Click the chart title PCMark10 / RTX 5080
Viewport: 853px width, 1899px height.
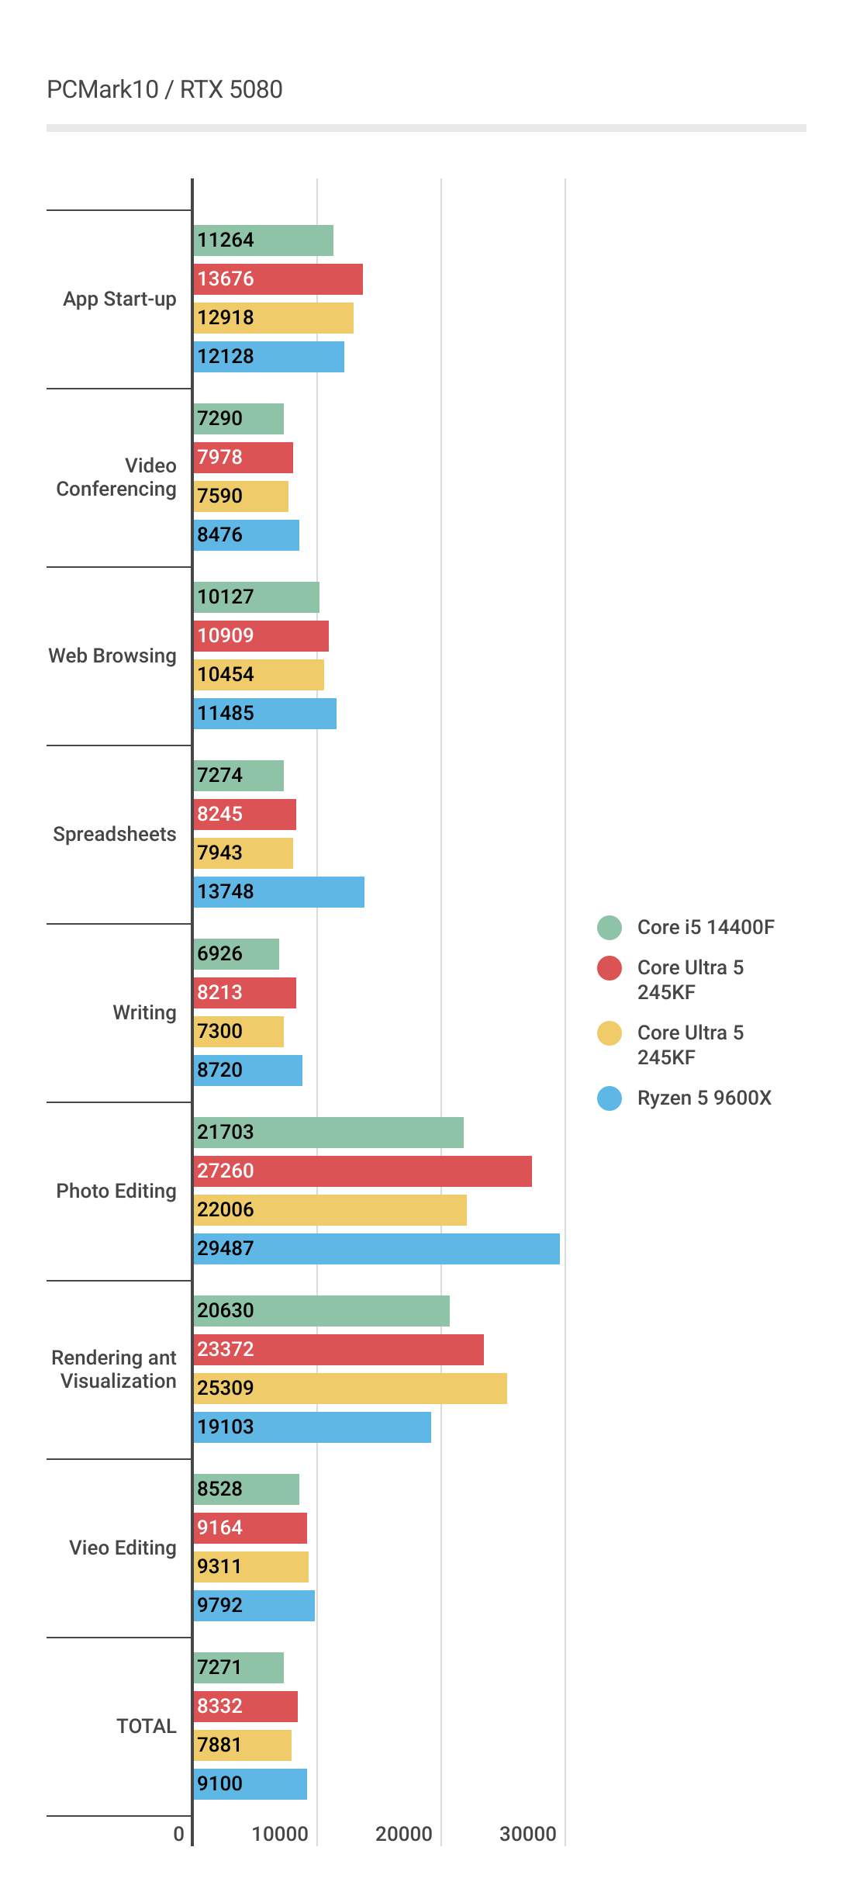coord(164,90)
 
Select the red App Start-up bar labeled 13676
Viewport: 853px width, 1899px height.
coord(278,279)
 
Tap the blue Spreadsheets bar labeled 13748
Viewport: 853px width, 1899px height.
coord(278,892)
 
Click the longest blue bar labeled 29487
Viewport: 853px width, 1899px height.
coord(376,1249)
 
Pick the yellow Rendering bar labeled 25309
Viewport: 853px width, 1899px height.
coord(350,1389)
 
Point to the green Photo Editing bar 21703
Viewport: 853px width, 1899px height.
coord(328,1133)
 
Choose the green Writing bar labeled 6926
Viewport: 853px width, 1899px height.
coord(236,954)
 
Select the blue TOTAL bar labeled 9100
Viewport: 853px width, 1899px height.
coord(250,1784)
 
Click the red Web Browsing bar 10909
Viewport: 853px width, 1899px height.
coord(261,636)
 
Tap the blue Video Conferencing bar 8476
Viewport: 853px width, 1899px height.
coord(246,535)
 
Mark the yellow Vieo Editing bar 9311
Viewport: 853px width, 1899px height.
coord(250,1567)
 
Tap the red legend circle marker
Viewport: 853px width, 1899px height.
coord(610,968)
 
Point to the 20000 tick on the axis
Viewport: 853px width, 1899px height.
coord(404,1834)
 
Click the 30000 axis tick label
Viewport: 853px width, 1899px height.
coord(528,1834)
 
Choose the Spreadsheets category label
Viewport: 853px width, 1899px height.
coord(115,835)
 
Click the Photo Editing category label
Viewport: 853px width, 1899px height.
coord(116,1192)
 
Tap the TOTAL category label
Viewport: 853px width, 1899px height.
coord(147,1727)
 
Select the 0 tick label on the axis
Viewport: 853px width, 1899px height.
coord(179,1834)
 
